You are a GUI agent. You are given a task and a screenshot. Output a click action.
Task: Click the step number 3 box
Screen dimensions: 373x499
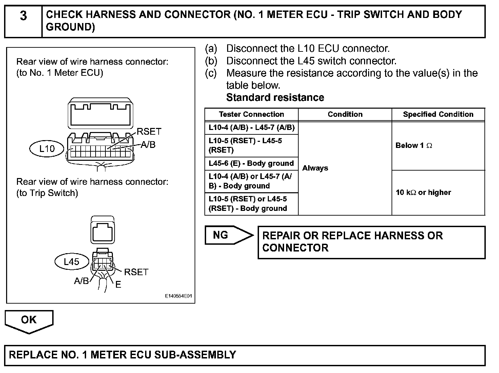(23, 21)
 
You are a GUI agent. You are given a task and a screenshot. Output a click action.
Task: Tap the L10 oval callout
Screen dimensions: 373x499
(47, 149)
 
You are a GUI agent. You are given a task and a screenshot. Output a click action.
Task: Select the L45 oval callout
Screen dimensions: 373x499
(72, 262)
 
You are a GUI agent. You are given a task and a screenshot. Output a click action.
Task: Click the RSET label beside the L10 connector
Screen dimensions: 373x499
(149, 132)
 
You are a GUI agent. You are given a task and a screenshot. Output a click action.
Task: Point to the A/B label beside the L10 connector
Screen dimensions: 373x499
(148, 145)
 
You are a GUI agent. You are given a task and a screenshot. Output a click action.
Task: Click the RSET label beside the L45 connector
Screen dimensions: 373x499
(136, 272)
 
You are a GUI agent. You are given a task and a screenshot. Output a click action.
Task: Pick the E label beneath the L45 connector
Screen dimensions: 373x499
(118, 285)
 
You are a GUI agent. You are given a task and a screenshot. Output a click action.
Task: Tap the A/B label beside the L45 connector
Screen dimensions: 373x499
(81, 281)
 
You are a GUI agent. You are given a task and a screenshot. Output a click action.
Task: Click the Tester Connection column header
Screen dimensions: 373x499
(251, 114)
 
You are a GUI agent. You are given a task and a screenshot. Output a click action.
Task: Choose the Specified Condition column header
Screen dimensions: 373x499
(438, 114)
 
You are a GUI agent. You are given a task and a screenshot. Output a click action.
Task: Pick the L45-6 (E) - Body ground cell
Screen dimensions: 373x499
(251, 163)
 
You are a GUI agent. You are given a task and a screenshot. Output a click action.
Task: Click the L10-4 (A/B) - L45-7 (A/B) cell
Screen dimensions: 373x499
(251, 128)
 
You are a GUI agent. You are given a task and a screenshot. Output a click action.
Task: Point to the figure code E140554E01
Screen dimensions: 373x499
(178, 296)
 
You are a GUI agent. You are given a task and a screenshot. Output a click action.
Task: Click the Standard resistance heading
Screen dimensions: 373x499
(275, 97)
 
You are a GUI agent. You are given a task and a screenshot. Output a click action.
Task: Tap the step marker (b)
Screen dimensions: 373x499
(211, 61)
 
